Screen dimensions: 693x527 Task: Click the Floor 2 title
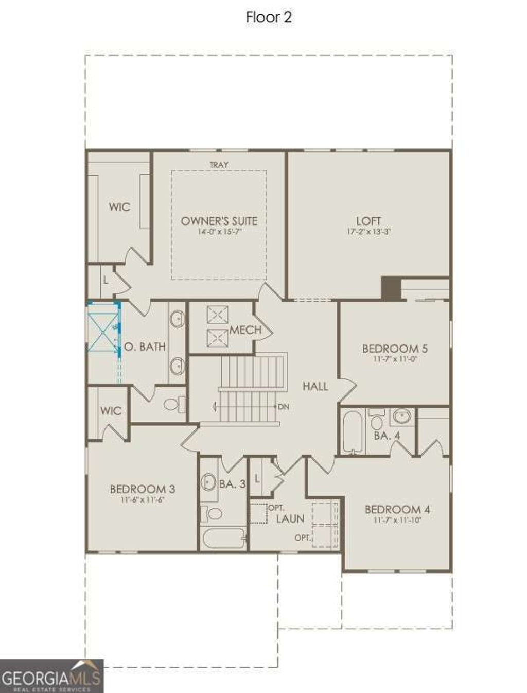[x=269, y=17]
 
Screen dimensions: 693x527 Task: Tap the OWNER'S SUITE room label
[x=219, y=221]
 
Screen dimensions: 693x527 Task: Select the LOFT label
[x=368, y=221]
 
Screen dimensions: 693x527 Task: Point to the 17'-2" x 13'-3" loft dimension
[x=368, y=232]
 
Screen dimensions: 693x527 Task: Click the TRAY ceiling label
[x=219, y=165]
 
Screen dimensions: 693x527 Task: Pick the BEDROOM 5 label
[x=395, y=349]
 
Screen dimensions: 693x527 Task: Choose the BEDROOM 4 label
[x=397, y=510]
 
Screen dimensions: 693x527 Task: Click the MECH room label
[x=245, y=330]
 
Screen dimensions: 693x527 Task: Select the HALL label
[x=315, y=386]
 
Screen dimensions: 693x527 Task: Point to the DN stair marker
[x=284, y=407]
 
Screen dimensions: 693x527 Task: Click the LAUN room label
[x=290, y=519]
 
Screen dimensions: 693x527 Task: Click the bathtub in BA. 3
[x=223, y=539]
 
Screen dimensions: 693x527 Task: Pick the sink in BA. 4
[x=401, y=416]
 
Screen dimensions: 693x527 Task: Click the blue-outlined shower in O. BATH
[x=103, y=327]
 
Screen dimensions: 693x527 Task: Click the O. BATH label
[x=145, y=346]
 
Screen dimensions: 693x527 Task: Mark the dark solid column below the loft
[x=391, y=288]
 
